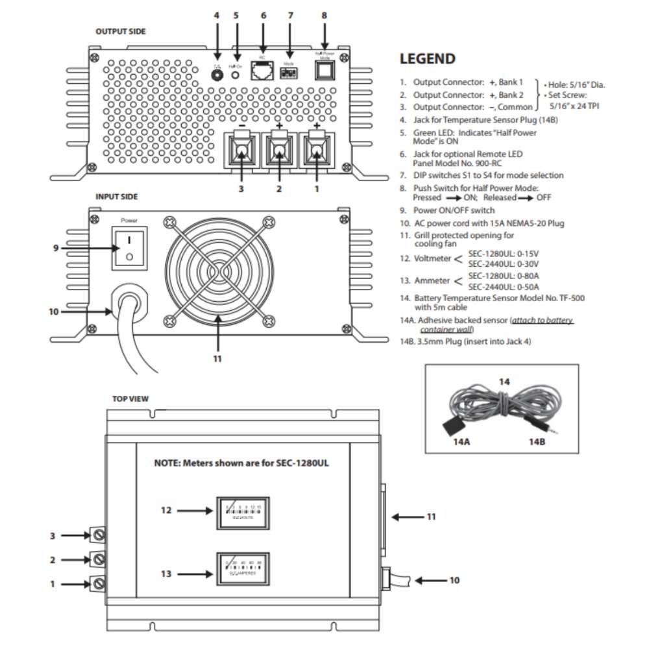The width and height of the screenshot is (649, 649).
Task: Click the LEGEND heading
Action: coord(427,59)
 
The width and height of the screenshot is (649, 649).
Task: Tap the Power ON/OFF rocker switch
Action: coord(129,247)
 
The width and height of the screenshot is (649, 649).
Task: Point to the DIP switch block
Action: coord(289,73)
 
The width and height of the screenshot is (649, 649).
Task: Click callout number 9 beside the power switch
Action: coord(55,247)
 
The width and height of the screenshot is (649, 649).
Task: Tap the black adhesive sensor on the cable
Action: coord(451,427)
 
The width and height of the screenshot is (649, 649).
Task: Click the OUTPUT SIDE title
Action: coord(120,31)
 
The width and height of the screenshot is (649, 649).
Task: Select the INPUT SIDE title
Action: coord(116,196)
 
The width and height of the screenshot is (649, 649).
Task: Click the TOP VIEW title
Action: coord(130,399)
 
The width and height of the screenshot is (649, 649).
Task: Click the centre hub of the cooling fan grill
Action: coord(217,269)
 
